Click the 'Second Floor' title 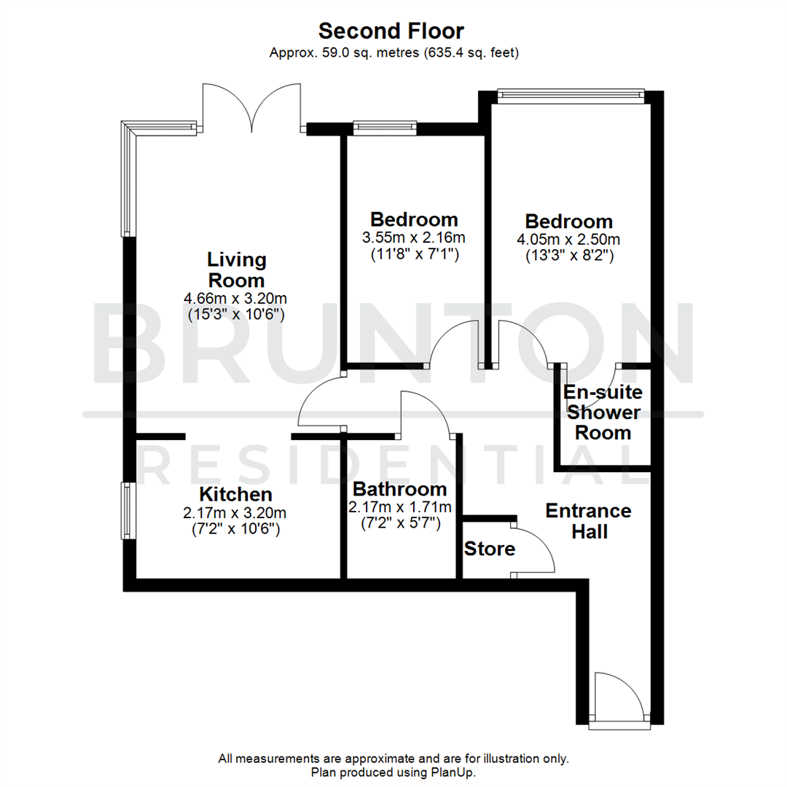(x=391, y=31)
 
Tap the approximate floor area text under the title (x=393, y=52)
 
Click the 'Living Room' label (x=237, y=270)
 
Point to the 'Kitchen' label (x=236, y=495)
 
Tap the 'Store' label (x=489, y=548)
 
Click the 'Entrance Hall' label (x=589, y=520)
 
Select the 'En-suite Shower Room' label (x=603, y=412)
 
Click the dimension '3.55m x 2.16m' (x=414, y=238)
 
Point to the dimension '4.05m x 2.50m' (x=569, y=239)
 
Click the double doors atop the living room (x=253, y=109)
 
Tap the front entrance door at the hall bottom (x=618, y=700)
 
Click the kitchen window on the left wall (x=128, y=510)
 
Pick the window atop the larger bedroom (x=571, y=93)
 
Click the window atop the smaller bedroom (x=384, y=128)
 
